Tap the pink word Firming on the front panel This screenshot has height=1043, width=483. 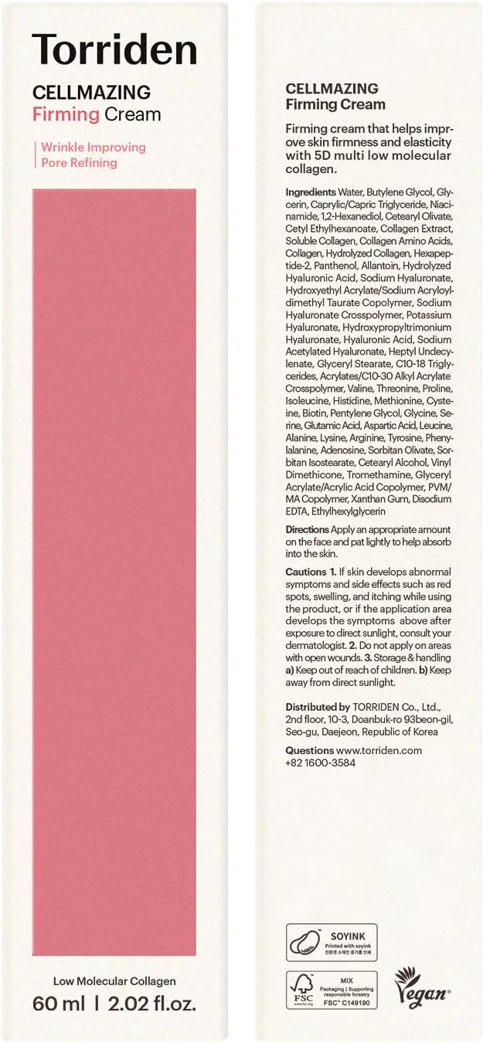pyautogui.click(x=66, y=114)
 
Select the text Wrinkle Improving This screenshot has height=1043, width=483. pyautogui.click(x=94, y=147)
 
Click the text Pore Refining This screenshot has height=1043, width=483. pyautogui.click(x=79, y=162)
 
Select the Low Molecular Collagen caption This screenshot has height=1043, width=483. pyautogui.click(x=114, y=981)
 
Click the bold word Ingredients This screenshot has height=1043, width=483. pyautogui.click(x=311, y=192)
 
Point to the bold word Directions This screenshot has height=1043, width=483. pyautogui.click(x=307, y=529)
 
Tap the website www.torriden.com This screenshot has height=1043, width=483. pyautogui.click(x=379, y=750)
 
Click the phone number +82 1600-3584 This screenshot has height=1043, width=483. pyautogui.click(x=320, y=763)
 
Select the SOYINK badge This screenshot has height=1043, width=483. pyautogui.click(x=332, y=942)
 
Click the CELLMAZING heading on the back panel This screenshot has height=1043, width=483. pyautogui.click(x=332, y=89)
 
